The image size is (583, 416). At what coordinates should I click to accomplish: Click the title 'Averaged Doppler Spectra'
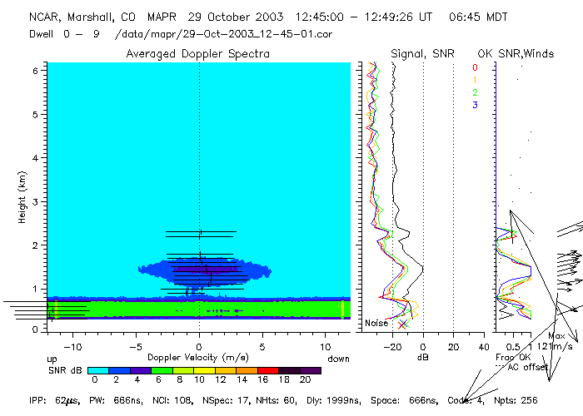click(197, 53)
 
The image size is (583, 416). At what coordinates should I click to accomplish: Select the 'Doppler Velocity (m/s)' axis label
click(198, 357)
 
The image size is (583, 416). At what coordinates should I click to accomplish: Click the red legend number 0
click(476, 67)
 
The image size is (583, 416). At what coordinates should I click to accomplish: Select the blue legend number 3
click(476, 105)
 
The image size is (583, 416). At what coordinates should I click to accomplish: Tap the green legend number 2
click(476, 92)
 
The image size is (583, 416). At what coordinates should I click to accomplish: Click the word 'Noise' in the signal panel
click(376, 323)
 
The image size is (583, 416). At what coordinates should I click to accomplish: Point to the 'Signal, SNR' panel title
click(421, 53)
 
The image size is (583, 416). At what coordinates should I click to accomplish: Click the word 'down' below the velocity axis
click(339, 358)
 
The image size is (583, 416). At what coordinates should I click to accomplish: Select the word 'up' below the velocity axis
click(52, 358)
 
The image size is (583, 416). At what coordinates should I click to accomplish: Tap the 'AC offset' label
click(529, 367)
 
